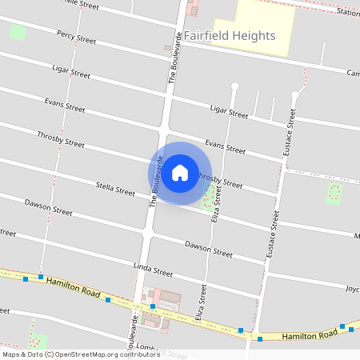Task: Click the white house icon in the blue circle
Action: coord(180,172)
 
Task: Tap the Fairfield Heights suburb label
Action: coord(230,36)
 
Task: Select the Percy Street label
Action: coord(76,37)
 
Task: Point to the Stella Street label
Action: coord(115,189)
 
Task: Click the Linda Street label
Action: coord(153,267)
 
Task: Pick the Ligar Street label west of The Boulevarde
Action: coord(70,72)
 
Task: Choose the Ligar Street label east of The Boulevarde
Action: coord(229,111)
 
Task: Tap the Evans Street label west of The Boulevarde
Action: coord(65,106)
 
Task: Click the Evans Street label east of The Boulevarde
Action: coord(225,146)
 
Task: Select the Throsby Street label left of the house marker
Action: coord(60,139)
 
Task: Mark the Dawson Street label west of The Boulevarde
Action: coord(48,208)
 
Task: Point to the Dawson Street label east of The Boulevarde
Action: coord(208,249)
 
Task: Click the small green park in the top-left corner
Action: coord(17,33)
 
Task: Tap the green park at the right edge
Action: coord(334,192)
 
